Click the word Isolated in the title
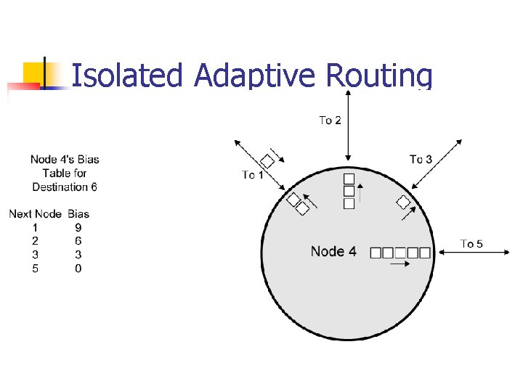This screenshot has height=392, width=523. click(x=128, y=75)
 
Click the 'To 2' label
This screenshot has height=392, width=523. click(x=330, y=120)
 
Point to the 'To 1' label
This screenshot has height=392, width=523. click(x=253, y=174)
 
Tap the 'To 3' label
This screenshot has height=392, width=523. click(x=421, y=159)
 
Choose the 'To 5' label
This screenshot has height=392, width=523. click(x=471, y=244)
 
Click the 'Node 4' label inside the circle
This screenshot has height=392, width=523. click(x=333, y=252)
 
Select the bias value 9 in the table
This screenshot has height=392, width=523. click(x=78, y=226)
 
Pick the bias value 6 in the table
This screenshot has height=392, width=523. click(x=78, y=240)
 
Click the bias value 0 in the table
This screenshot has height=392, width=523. click(x=78, y=269)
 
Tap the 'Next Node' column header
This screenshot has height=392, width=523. click(x=35, y=213)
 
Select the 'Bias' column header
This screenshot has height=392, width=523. click(x=78, y=213)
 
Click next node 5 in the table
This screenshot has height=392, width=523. click(x=36, y=269)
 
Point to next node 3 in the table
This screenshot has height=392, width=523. click(x=36, y=254)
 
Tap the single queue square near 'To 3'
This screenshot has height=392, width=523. click(x=403, y=203)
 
